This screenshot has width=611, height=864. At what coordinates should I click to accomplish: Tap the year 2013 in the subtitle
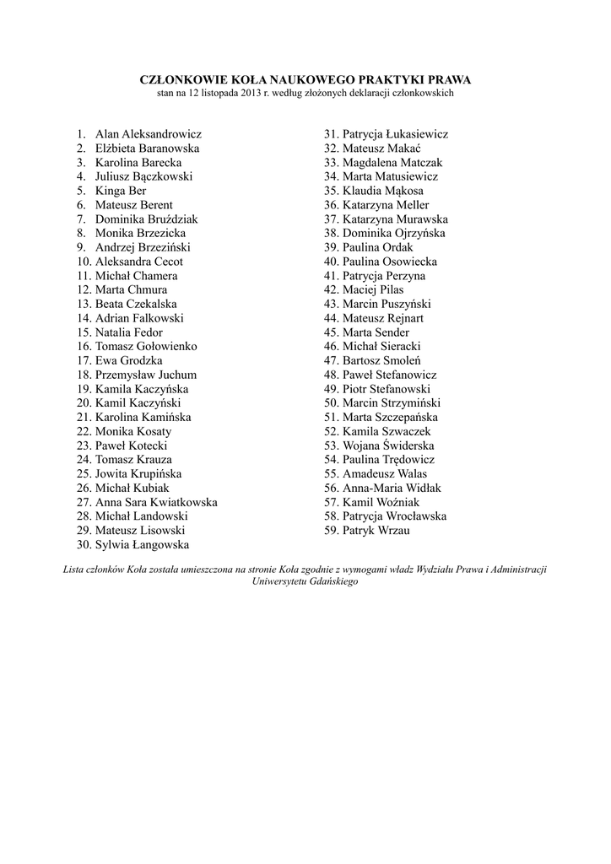point(245,94)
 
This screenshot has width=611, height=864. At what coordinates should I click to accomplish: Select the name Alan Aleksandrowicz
point(149,134)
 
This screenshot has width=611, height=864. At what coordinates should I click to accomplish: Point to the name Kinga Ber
point(121,191)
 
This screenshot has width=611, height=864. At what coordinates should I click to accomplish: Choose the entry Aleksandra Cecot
point(139,262)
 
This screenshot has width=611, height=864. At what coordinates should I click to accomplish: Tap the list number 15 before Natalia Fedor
point(84,332)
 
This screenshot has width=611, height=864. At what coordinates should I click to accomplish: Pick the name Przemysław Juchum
point(146,375)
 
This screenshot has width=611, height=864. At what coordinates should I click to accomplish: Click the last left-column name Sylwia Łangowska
point(142,544)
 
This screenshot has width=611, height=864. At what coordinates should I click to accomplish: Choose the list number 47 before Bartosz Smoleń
point(331,360)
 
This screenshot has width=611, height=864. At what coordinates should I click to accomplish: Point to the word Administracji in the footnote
point(516,570)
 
